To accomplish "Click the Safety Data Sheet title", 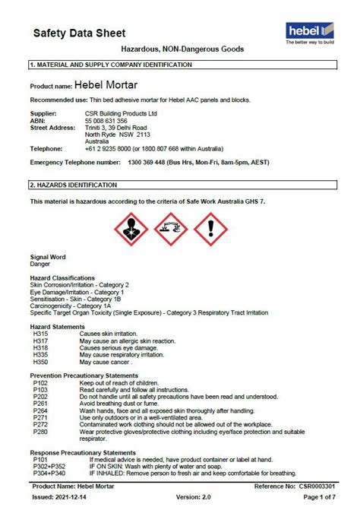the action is pyautogui.click(x=79, y=33).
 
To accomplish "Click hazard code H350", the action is pyautogui.click(x=40, y=362).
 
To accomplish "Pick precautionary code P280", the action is pyautogui.click(x=40, y=432).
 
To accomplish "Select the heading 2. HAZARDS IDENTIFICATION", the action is pyautogui.click(x=73, y=185).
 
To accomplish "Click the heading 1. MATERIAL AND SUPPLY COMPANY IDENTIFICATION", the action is pyautogui.click(x=110, y=65).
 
